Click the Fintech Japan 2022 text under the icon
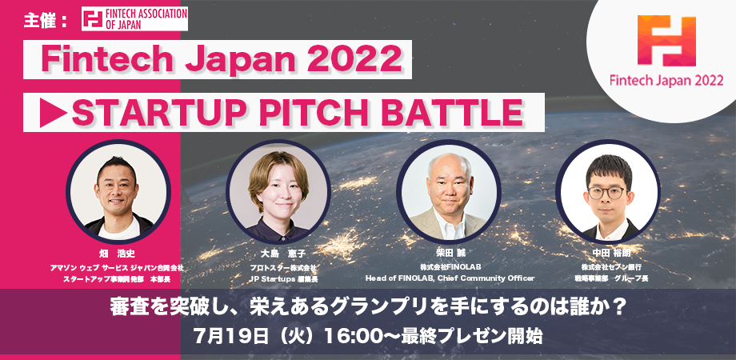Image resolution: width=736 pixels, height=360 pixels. tap(666, 82)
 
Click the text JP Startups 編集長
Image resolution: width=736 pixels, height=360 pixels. tap(278, 278)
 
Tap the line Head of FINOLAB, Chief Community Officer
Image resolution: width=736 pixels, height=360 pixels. tap(449, 278)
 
